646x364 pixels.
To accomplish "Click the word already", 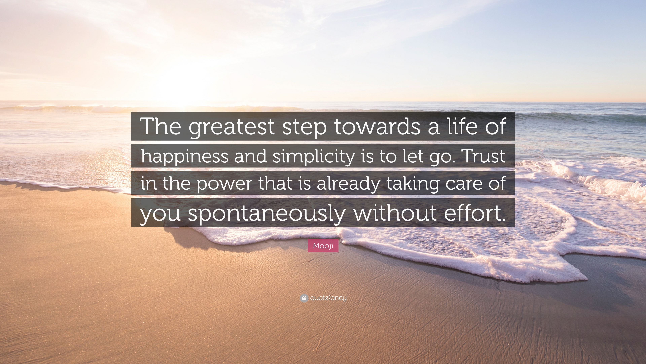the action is (347, 183).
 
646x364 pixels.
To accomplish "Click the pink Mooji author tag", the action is (323, 246).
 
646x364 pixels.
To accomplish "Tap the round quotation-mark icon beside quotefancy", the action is (304, 298).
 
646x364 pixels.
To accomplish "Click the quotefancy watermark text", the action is (328, 298).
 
